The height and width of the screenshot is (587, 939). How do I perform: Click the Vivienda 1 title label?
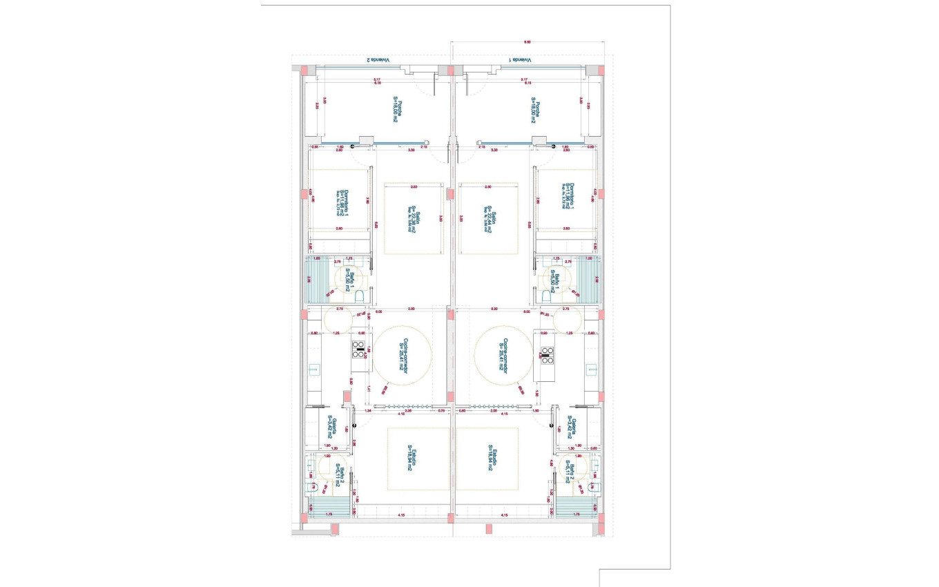pyautogui.click(x=521, y=60)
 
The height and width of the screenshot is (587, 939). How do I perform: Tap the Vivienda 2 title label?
pyautogui.click(x=378, y=60)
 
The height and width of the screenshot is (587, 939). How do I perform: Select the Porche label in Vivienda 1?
pyautogui.click(x=536, y=110)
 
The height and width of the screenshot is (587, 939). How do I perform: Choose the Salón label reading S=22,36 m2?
pyautogui.click(x=412, y=220)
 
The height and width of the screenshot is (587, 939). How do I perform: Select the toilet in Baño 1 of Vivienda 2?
pyautogui.click(x=360, y=297)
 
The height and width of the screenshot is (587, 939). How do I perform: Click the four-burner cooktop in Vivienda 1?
pyautogui.click(x=547, y=354)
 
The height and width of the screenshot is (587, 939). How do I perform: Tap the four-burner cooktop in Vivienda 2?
pyautogui.click(x=359, y=350)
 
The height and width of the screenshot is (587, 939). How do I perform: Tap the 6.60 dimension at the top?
pyautogui.click(x=527, y=42)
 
